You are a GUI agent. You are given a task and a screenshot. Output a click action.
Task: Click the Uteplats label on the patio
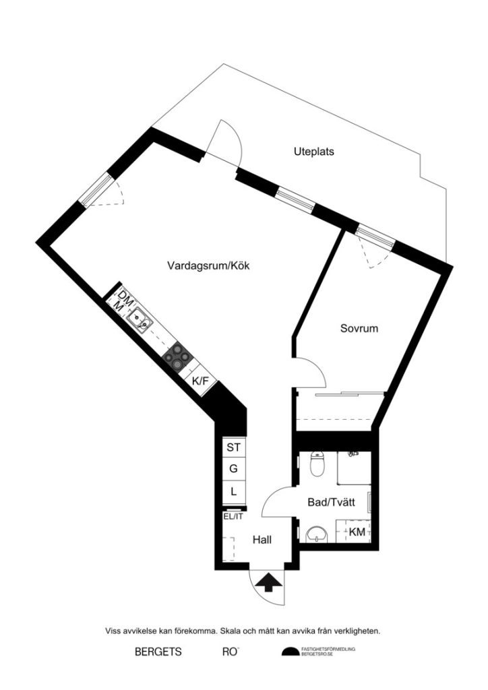click(313, 152)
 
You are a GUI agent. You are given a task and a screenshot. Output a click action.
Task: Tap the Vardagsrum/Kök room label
click(208, 266)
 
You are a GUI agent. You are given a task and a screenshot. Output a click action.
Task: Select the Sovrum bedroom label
click(359, 330)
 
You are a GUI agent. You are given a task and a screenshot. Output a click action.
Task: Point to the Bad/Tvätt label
click(326, 502)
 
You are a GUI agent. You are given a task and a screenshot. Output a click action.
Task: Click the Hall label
click(264, 540)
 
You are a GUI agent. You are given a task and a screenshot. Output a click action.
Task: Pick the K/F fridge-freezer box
click(201, 381)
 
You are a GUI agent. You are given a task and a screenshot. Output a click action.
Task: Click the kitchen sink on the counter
click(141, 319)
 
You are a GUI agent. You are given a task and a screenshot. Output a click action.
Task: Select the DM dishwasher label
click(124, 296)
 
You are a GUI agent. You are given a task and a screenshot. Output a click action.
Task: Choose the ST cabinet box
click(233, 447)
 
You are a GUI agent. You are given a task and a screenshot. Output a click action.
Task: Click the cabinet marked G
click(233, 469)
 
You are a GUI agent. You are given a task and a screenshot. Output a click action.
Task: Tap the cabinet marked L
click(233, 491)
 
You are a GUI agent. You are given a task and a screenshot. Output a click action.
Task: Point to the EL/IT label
click(233, 517)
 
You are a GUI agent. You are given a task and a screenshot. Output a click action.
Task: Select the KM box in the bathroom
click(357, 532)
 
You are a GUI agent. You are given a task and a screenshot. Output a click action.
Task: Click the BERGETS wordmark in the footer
click(158, 652)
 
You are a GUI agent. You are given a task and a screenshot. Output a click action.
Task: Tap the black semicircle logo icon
click(290, 652)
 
